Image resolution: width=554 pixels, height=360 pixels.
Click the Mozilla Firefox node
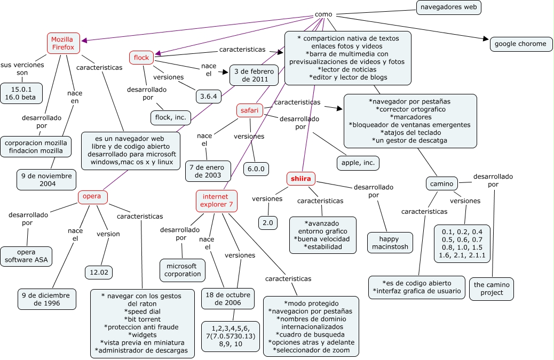(x=63, y=43)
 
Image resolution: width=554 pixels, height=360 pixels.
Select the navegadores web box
(x=448, y=7)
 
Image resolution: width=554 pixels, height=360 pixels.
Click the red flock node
(x=141, y=57)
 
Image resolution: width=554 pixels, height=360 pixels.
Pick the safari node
(x=249, y=110)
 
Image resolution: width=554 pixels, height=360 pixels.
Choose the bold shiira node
(x=301, y=179)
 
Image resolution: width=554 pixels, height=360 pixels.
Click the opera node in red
(x=92, y=197)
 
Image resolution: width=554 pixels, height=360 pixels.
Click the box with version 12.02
(x=99, y=272)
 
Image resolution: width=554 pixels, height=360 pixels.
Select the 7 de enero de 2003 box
(x=208, y=171)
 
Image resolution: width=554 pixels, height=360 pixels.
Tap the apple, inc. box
(x=357, y=162)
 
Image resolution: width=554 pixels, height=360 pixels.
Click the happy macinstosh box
(x=390, y=243)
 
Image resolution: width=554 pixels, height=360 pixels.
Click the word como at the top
(x=323, y=14)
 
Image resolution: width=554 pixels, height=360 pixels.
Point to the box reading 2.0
(x=268, y=222)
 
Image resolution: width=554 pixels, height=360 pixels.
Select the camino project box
(x=492, y=289)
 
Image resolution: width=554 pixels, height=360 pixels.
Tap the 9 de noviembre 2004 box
(x=46, y=180)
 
